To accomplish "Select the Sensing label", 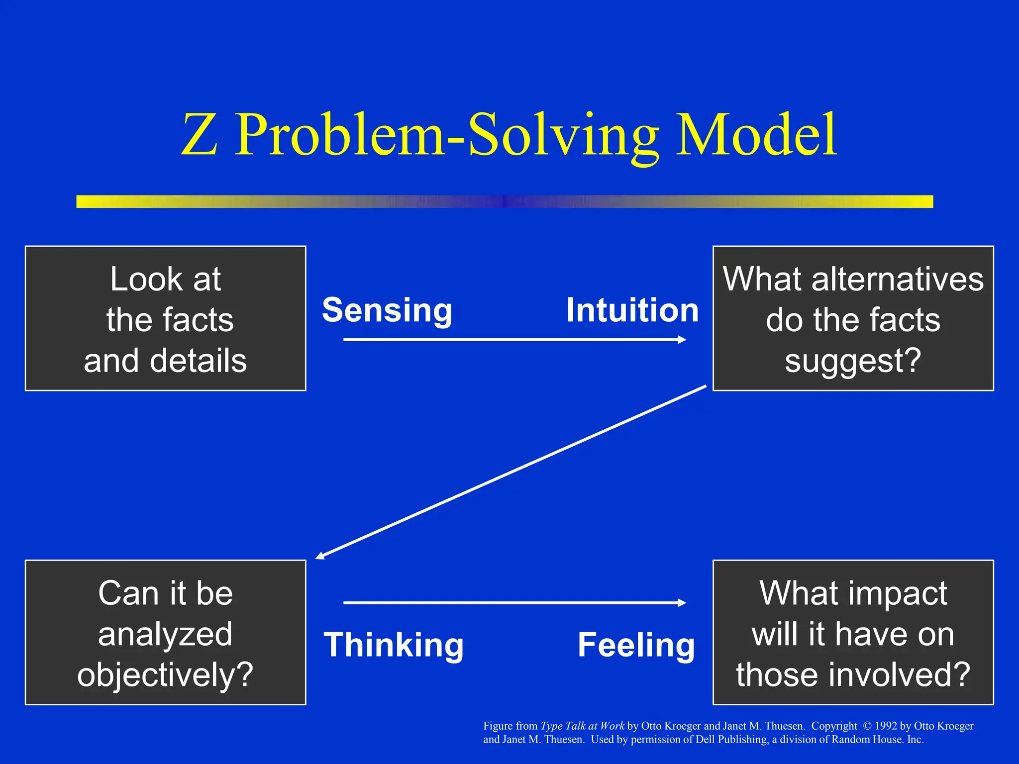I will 387,310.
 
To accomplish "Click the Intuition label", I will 632,310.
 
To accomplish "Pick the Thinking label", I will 394,645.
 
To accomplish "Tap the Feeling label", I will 636,645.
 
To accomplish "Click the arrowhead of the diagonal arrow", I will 320,556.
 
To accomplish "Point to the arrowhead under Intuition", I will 682,340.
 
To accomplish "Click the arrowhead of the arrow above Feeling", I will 682,603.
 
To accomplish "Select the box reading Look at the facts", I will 165,318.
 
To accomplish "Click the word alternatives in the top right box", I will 897,279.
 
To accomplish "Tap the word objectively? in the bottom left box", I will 165,675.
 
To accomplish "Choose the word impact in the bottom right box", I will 898,593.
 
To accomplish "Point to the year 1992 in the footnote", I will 886,726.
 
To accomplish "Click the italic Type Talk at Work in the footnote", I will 582,726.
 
